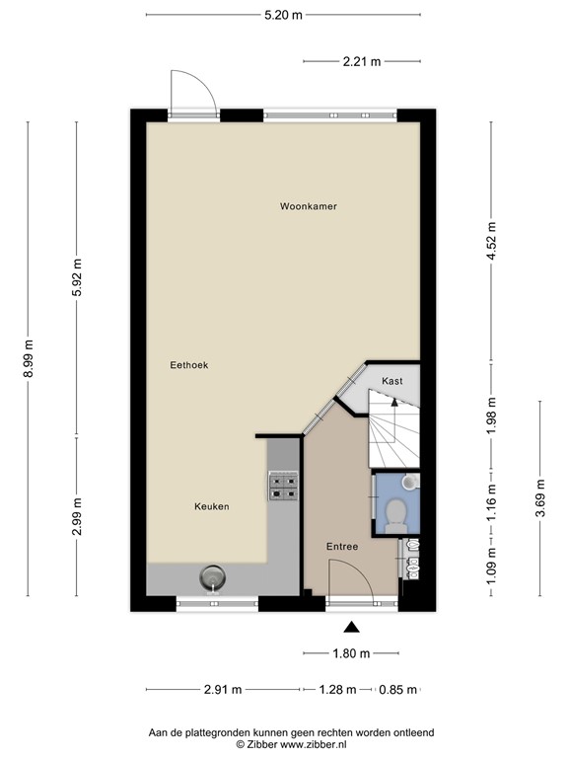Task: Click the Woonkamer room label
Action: tap(309, 207)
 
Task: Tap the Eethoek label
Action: tap(188, 365)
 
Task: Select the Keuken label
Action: tap(211, 506)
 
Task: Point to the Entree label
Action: tap(342, 547)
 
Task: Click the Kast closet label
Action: tap(392, 381)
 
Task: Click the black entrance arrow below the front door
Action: tap(351, 626)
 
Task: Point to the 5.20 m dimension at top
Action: tap(284, 16)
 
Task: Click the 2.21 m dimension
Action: tap(362, 61)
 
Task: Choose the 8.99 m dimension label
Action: tap(29, 359)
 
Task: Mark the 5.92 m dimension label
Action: tap(77, 277)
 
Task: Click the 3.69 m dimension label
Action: tap(540, 497)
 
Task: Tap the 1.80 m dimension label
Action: tap(350, 653)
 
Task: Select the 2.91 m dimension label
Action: tap(223, 690)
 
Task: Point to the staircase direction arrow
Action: tap(392, 402)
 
